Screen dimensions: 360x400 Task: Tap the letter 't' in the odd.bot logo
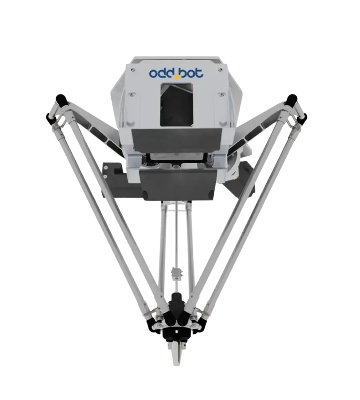(199, 73)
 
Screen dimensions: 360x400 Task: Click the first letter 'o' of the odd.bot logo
(154, 73)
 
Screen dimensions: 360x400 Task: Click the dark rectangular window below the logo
(176, 104)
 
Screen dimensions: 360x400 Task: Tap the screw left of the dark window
(131, 94)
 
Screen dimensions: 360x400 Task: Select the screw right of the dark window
(220, 95)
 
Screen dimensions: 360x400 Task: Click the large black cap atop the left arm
(62, 100)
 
